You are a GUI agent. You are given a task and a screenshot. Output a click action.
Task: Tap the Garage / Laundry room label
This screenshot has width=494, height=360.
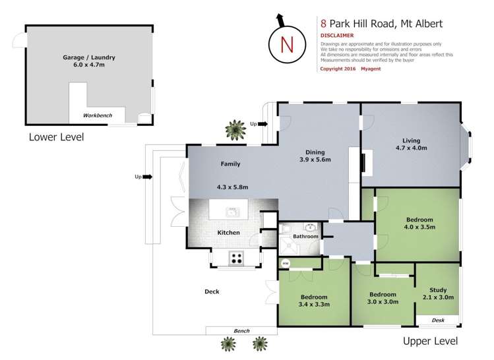(82, 61)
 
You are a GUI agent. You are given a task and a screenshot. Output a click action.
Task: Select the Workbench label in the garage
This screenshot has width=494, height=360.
(96, 115)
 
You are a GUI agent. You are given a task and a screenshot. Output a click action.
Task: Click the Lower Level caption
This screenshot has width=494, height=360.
(56, 137)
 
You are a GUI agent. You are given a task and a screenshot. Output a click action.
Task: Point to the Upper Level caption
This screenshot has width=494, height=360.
(430, 341)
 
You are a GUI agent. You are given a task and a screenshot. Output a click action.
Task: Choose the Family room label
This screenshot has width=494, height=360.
(230, 164)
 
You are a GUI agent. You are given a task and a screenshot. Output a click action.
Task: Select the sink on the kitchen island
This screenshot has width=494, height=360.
(232, 212)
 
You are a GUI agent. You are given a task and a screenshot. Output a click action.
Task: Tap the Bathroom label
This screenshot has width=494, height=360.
(305, 236)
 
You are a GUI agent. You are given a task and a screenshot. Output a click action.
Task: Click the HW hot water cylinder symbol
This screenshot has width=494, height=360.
(286, 264)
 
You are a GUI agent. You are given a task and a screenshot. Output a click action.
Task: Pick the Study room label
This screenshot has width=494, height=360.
(438, 293)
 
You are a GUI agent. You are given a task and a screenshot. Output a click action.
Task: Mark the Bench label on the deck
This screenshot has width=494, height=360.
(241, 330)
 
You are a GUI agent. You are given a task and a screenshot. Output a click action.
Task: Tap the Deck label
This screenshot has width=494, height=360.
(212, 291)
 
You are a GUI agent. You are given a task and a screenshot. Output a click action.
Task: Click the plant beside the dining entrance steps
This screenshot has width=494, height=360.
(233, 129)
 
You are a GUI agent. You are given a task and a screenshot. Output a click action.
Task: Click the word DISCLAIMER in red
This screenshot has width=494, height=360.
(336, 35)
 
